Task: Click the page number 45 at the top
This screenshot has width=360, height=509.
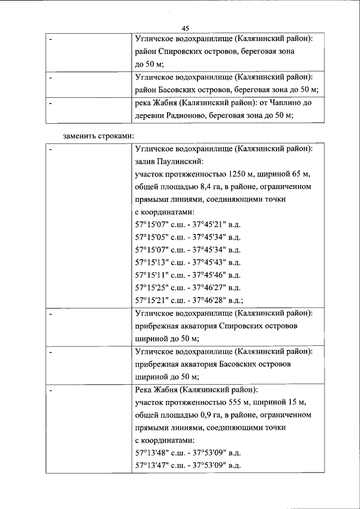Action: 185,29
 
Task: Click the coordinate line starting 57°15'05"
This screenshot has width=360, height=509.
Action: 188,236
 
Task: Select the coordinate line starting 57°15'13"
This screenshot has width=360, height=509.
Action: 188,262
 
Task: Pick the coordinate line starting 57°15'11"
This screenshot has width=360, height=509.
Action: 188,274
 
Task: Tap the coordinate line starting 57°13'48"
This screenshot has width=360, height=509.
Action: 188,452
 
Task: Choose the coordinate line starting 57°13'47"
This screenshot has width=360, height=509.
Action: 188,465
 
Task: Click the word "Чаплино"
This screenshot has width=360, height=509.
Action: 278,103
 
